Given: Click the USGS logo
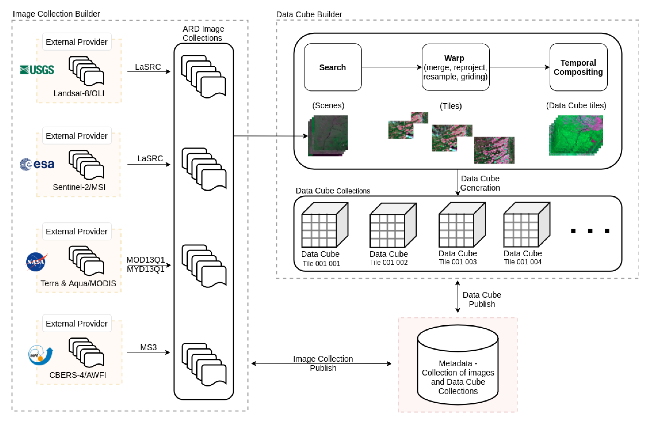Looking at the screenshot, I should [37, 70].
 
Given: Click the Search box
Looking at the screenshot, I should [333, 67].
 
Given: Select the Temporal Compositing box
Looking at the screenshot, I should [578, 67].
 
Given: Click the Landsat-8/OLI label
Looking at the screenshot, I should [79, 93].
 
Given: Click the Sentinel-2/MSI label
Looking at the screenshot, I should [79, 187].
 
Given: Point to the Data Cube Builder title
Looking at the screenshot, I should [309, 14].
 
